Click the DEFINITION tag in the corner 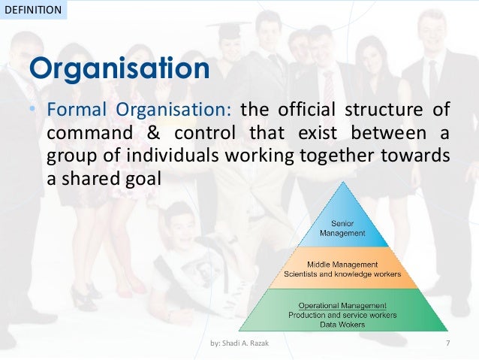point(33,10)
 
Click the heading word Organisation point(119,69)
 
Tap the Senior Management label point(343,228)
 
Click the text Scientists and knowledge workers point(342,274)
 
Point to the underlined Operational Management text point(342,306)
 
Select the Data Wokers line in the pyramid point(342,324)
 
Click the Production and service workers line point(342,315)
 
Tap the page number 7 point(447,344)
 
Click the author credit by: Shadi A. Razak point(239,344)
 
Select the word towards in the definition point(421,158)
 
